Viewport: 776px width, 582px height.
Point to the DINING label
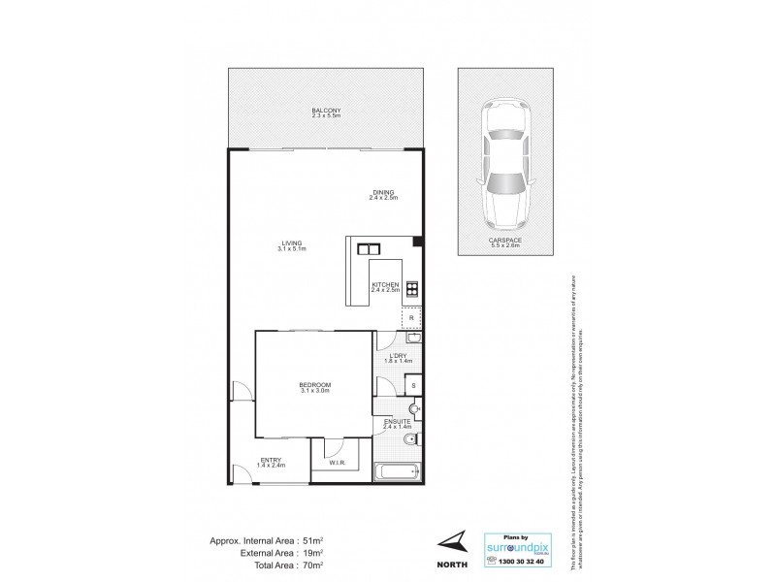(x=384, y=194)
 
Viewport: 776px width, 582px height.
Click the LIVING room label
(x=291, y=244)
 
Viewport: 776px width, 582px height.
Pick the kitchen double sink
(x=368, y=248)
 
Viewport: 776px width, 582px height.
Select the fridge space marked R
(x=411, y=317)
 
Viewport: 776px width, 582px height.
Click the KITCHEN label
(x=385, y=285)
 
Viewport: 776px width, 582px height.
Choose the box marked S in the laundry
(x=413, y=385)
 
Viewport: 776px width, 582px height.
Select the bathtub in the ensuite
(x=399, y=472)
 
